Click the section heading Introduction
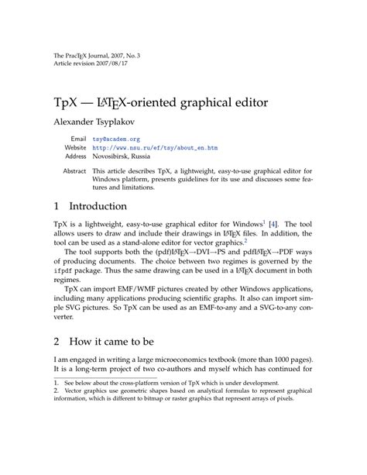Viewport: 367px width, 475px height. pyautogui.click(x=98, y=207)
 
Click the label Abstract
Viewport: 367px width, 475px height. pyautogui.click(x=74, y=170)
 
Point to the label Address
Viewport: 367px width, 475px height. pyautogui.click(x=75, y=156)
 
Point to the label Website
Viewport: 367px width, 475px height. pyautogui.click(x=75, y=147)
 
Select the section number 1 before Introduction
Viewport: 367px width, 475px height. pyautogui.click(x=57, y=207)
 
